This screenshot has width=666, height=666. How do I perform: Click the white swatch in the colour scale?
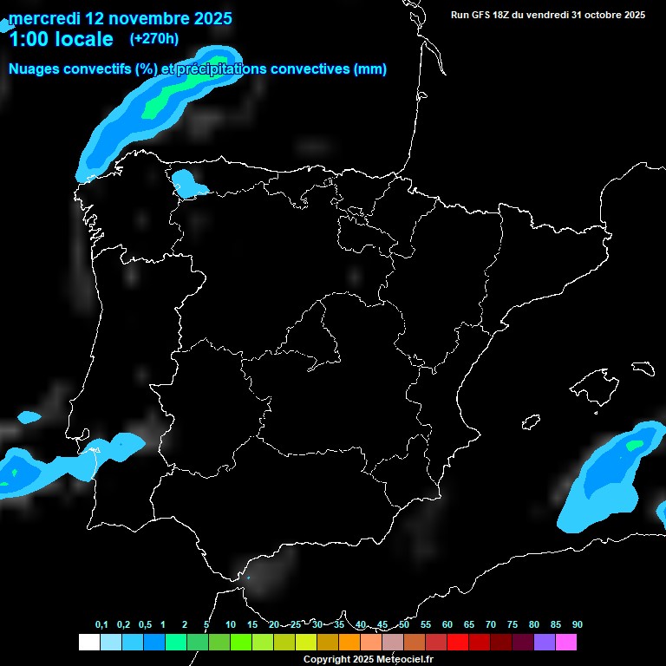(x=88, y=643)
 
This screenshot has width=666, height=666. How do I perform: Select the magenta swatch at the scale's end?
(x=565, y=643)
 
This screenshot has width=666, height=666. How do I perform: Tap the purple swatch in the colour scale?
(x=544, y=643)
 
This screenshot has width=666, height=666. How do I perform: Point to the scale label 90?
(x=577, y=625)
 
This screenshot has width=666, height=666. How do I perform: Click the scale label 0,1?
(x=101, y=625)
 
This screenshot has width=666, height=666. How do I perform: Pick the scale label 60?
(x=447, y=625)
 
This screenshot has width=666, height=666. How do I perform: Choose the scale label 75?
(x=513, y=625)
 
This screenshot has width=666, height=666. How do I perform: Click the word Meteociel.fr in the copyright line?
(x=398, y=660)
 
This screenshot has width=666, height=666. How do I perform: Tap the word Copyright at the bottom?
(x=327, y=660)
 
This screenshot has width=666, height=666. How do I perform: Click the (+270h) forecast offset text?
(x=153, y=38)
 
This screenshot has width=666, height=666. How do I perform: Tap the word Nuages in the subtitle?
(x=36, y=69)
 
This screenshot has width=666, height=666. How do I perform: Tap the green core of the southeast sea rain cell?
(x=636, y=446)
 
